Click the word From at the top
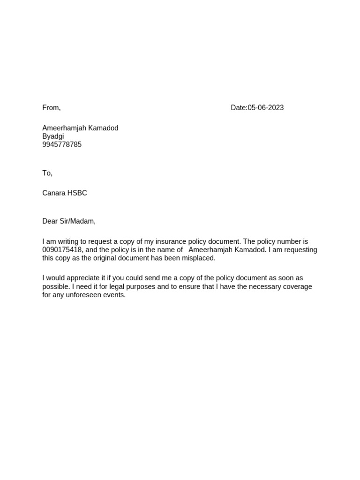(x=51, y=108)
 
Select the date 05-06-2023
(x=266, y=108)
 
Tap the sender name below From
(x=80, y=128)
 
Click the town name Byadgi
(x=53, y=136)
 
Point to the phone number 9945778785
(x=62, y=144)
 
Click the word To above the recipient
(x=46, y=173)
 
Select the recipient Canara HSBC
(x=65, y=193)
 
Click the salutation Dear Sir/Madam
(x=69, y=221)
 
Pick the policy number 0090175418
(x=62, y=250)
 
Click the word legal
(x=120, y=286)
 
